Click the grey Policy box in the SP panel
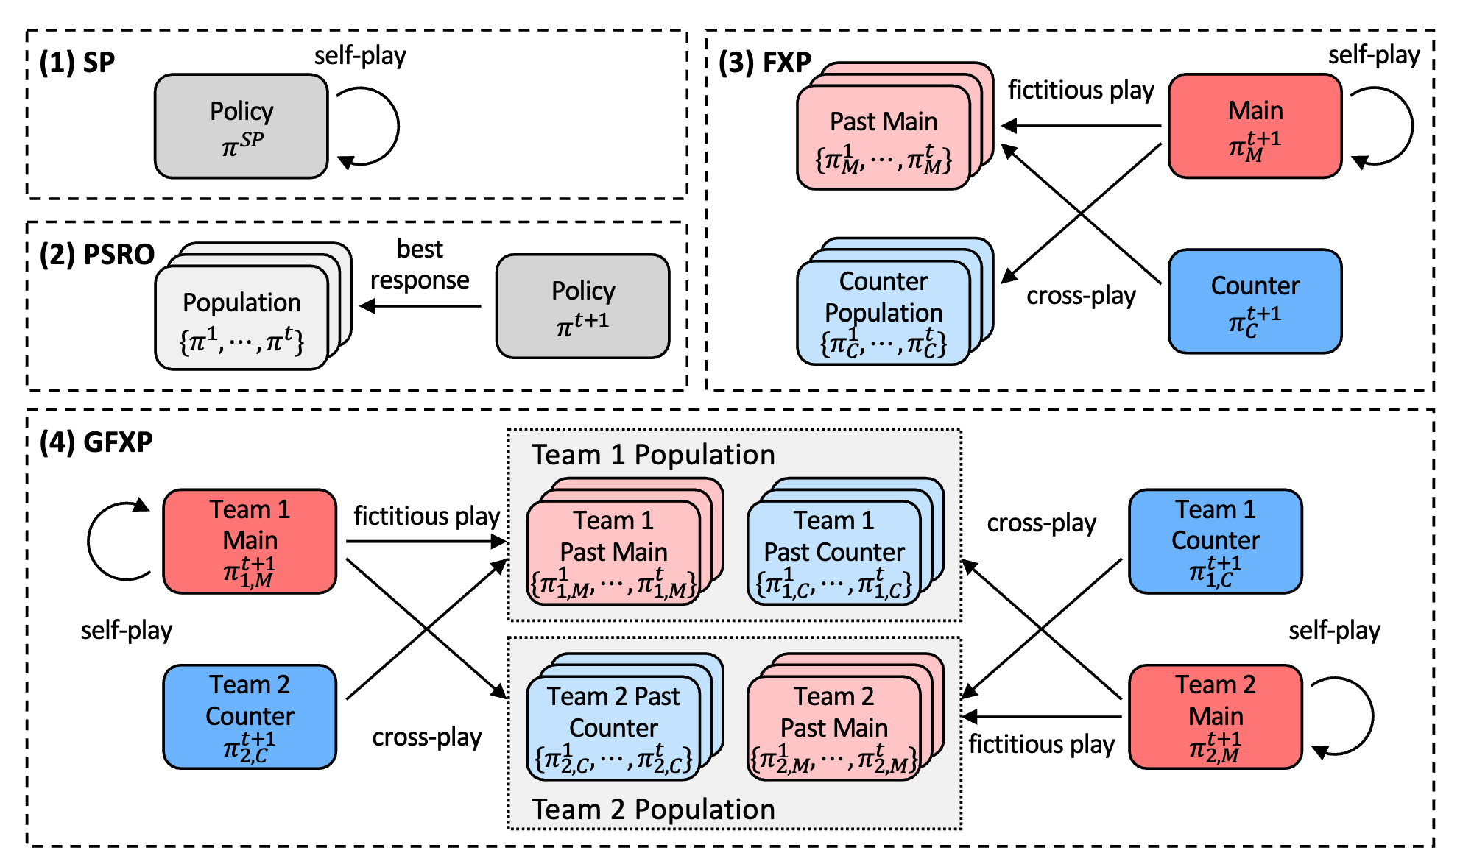241,126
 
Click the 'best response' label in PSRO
420,264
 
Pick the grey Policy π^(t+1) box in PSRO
582,306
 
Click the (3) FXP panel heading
765,63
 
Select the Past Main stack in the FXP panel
884,137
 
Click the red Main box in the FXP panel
1255,126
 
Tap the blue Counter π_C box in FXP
1255,301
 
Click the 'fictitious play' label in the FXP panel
1080,90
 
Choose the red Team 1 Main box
250,541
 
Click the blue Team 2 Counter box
250,717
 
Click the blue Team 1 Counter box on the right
1215,541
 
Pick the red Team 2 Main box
1215,717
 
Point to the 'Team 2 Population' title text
653,810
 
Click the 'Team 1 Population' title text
653,455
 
